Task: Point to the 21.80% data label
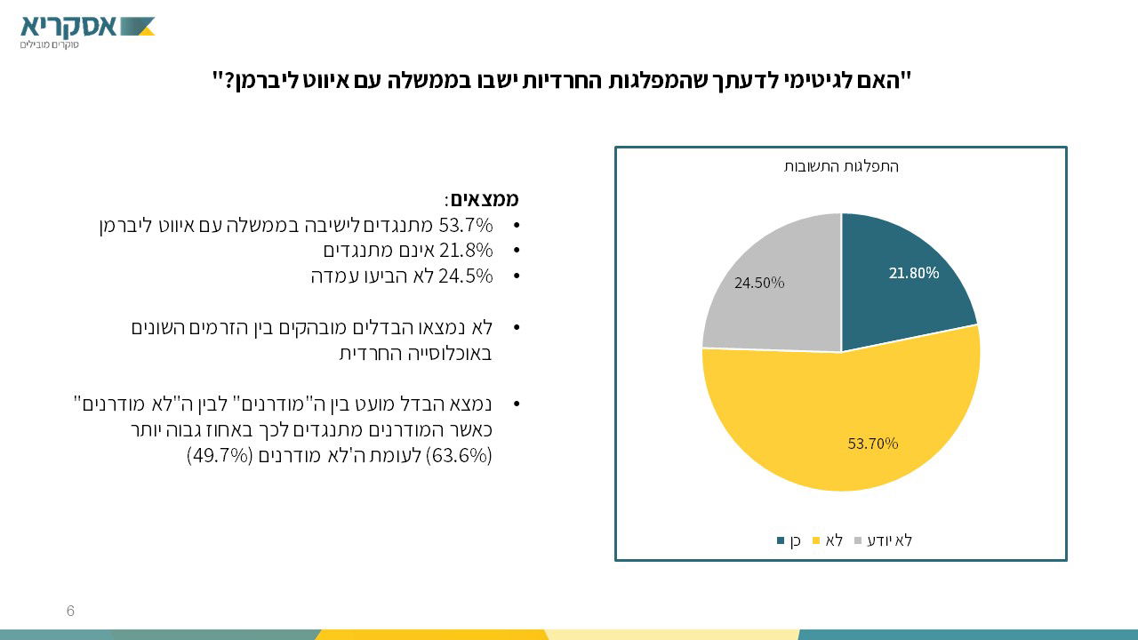(913, 273)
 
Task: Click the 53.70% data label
(873, 443)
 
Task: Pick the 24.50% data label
(759, 283)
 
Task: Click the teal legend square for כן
(781, 540)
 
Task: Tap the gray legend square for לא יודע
(858, 540)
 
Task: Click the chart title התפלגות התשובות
(841, 166)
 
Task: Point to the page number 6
(70, 611)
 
